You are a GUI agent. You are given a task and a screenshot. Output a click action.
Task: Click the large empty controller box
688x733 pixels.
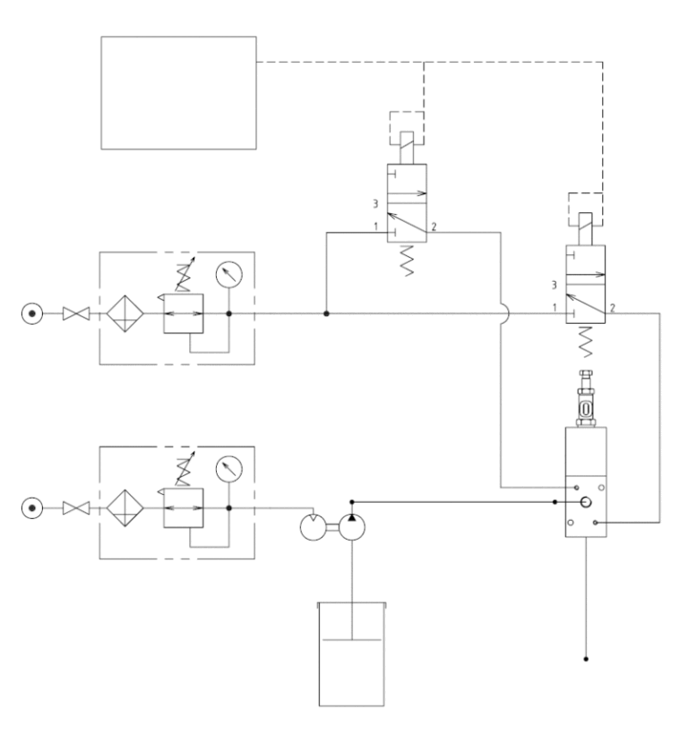point(177,92)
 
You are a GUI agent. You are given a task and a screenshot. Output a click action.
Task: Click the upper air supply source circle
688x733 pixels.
point(33,314)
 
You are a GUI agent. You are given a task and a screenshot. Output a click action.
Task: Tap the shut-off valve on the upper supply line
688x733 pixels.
point(73,314)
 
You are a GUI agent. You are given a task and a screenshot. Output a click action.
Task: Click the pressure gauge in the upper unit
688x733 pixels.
point(230,275)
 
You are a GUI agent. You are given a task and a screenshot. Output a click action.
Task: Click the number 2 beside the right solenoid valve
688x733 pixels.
point(613,308)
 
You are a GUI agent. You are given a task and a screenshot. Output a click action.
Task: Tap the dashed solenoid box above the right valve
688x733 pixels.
point(587,208)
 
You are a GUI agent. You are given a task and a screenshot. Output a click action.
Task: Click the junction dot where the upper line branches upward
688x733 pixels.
point(326,314)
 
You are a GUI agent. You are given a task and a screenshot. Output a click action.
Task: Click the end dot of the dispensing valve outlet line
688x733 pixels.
point(586,660)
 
